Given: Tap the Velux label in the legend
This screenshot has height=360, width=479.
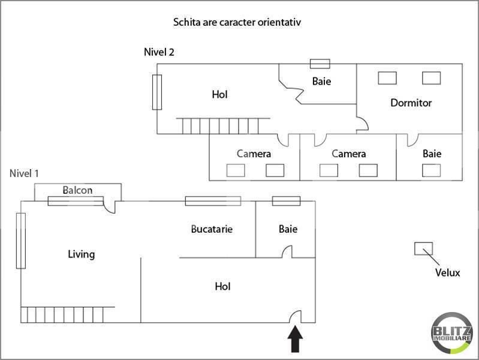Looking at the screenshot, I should pyautogui.click(x=447, y=273).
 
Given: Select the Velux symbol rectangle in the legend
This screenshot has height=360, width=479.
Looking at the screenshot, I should pyautogui.click(x=423, y=248).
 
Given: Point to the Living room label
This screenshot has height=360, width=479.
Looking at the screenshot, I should pyautogui.click(x=81, y=254).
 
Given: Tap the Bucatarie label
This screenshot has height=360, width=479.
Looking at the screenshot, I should pyautogui.click(x=212, y=229).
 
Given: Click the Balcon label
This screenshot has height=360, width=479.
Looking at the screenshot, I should pyautogui.click(x=78, y=190).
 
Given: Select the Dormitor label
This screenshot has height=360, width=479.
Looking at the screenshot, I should pyautogui.click(x=411, y=103).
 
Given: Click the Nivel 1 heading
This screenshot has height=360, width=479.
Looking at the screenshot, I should pyautogui.click(x=25, y=173).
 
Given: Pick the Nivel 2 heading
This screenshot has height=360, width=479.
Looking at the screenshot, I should pyautogui.click(x=159, y=52).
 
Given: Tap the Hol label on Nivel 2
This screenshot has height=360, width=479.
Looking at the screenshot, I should pyautogui.click(x=219, y=94).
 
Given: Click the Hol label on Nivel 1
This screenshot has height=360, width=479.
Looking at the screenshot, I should pyautogui.click(x=222, y=287).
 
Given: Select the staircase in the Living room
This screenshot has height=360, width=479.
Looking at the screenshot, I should pyautogui.click(x=62, y=314).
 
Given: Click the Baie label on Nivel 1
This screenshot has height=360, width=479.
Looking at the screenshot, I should pyautogui.click(x=288, y=229).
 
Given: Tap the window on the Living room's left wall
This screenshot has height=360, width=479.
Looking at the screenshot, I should pyautogui.click(x=21, y=241).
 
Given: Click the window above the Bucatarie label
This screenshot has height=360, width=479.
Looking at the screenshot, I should pyautogui.click(x=213, y=201).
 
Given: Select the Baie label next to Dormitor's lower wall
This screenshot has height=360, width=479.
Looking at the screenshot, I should pyautogui.click(x=432, y=154).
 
